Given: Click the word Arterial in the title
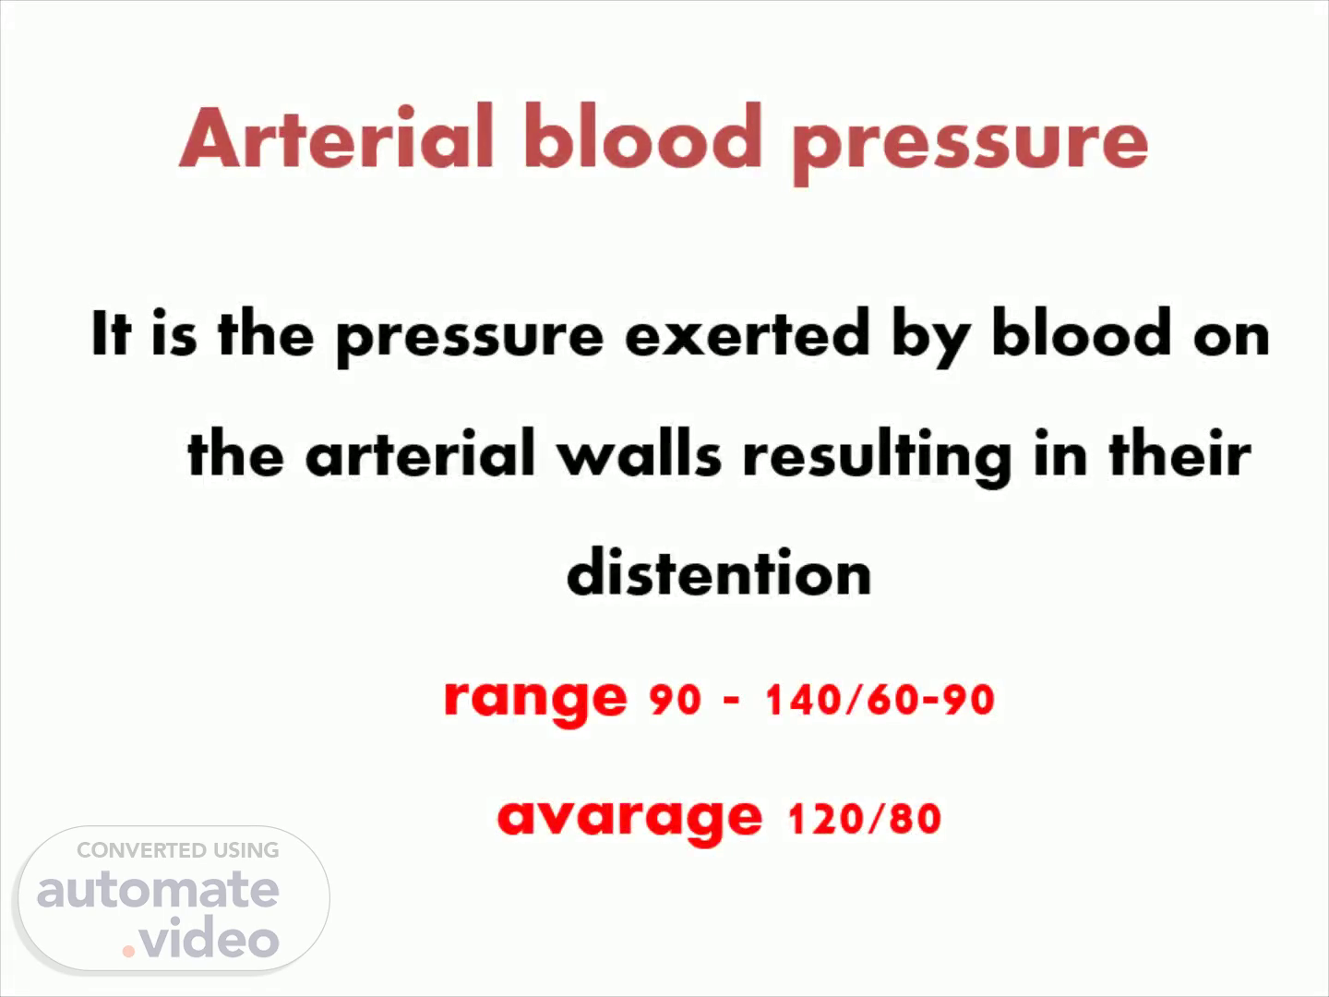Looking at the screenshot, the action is pyautogui.click(x=337, y=136).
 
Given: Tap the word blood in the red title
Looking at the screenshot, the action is pyautogui.click(x=643, y=136).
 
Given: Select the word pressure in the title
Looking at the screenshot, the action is pyautogui.click(x=971, y=145).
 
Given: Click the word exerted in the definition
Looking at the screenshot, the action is pyautogui.click(x=748, y=334).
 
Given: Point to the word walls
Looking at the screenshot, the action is pyautogui.click(x=640, y=452).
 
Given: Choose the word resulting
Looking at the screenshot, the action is pyautogui.click(x=878, y=456).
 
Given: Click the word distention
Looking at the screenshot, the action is pyautogui.click(x=719, y=571).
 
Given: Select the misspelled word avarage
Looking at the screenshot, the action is pyautogui.click(x=629, y=821).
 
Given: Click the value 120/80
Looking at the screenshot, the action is pyautogui.click(x=865, y=819).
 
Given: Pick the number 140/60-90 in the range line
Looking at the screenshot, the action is pyautogui.click(x=880, y=700).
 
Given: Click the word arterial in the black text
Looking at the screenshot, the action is pyautogui.click(x=420, y=452).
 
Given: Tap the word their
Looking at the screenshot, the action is pyautogui.click(x=1180, y=452).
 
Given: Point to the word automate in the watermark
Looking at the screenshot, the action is pyautogui.click(x=158, y=889).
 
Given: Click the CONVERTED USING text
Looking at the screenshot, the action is pyautogui.click(x=178, y=850).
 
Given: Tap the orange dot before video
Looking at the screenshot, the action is pyautogui.click(x=128, y=952).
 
